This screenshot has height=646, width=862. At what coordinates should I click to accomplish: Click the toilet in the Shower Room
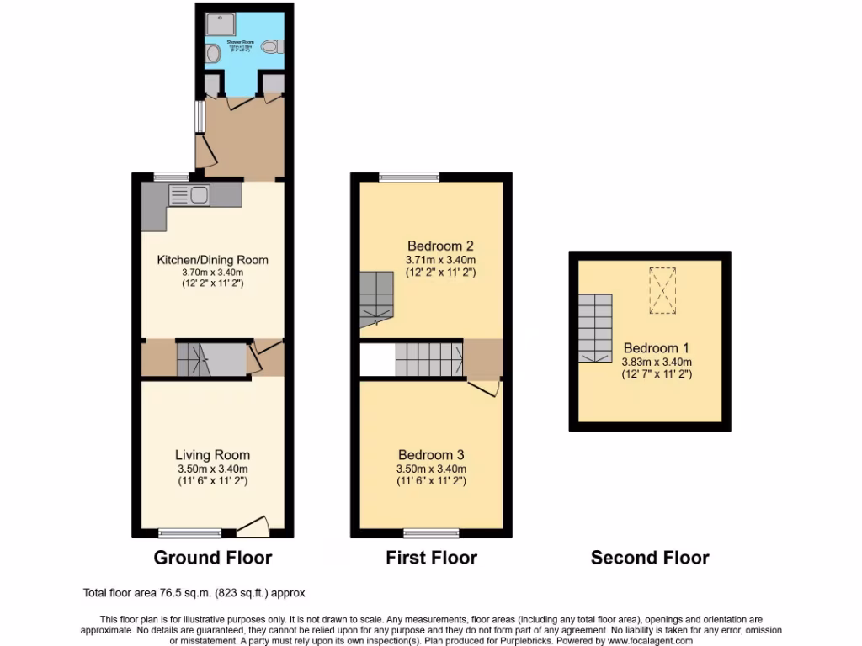point(271,48)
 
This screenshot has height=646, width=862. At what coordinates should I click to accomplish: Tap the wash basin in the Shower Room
point(212,55)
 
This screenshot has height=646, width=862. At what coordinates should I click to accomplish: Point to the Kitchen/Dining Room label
point(213,260)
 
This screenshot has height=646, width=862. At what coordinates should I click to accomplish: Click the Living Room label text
point(212,455)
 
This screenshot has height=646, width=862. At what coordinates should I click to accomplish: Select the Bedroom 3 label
point(431,455)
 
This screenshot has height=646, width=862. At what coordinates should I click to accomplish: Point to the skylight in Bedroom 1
point(662,290)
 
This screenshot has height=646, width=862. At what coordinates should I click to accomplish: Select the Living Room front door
point(253,527)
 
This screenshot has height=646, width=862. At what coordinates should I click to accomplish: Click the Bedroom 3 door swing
point(483,388)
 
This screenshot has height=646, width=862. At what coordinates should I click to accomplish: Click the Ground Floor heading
point(212,557)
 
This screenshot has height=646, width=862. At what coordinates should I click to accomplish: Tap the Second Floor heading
point(649,557)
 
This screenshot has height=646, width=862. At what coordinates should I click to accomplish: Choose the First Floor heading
point(431,557)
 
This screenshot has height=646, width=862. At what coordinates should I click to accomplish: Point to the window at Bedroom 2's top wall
point(409,177)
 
